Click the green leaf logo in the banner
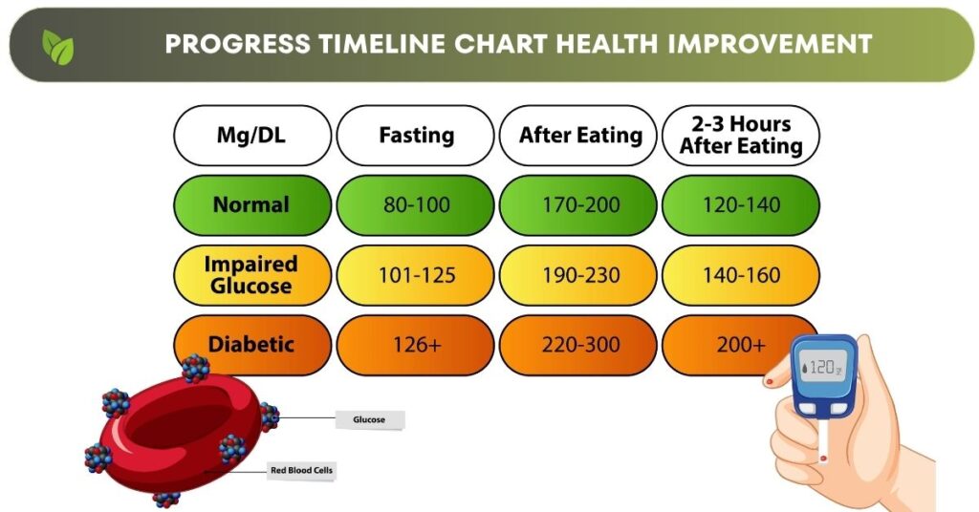tap(57, 46)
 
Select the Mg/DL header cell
tap(251, 136)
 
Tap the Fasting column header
tap(416, 136)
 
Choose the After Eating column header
tap(579, 136)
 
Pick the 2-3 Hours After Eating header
tap(741, 136)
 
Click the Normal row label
tap(251, 204)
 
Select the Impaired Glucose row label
tap(251, 275)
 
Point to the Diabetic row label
tap(251, 344)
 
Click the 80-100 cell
tap(416, 204)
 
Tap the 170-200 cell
tap(579, 204)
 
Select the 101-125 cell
tap(416, 275)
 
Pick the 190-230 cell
tap(579, 275)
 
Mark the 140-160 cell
tap(741, 275)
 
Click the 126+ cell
tap(416, 345)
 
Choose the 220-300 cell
tap(579, 345)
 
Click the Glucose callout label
tap(369, 418)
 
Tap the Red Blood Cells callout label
tap(302, 470)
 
